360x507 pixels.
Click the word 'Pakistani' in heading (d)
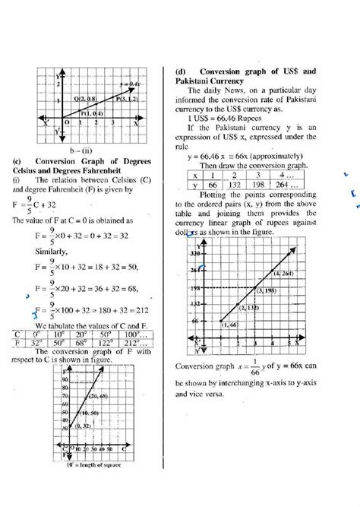click(x=199, y=80)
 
